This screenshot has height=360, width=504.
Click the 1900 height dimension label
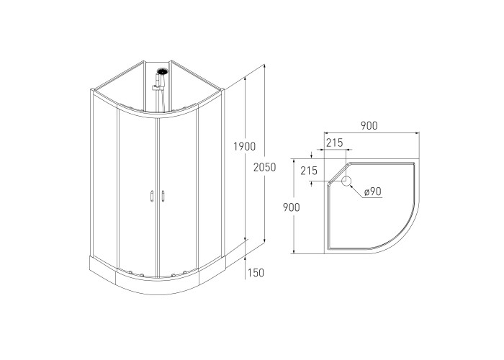[244, 147]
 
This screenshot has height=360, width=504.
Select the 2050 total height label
[264, 167]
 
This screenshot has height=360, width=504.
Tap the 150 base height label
[256, 273]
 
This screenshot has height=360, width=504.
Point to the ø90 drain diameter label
[373, 192]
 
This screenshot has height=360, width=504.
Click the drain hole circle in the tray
[346, 181]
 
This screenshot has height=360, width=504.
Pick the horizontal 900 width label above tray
[369, 126]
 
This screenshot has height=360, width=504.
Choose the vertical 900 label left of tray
[291, 207]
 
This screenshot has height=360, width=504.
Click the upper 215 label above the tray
[335, 143]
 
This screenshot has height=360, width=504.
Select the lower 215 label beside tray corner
[309, 171]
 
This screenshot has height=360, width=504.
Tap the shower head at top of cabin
[163, 71]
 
